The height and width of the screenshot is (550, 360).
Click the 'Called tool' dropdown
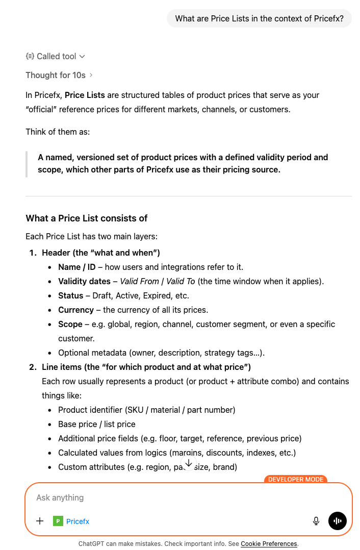click(56, 56)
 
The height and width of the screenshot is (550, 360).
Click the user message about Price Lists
click(259, 18)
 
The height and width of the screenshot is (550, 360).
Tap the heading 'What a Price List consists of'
click(87, 218)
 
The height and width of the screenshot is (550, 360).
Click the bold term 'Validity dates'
click(84, 281)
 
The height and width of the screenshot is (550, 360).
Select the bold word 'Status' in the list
click(70, 295)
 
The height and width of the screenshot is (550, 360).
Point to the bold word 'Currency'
click(76, 310)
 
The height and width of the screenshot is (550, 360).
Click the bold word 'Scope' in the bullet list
click(70, 324)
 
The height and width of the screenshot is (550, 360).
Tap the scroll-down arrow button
click(189, 463)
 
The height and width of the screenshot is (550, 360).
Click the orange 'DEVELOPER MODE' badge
click(295, 480)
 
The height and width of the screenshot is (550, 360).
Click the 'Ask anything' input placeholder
click(60, 497)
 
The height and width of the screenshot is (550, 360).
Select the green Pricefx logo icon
click(58, 521)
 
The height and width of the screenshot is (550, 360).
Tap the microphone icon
click(316, 521)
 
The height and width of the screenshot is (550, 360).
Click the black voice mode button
click(338, 521)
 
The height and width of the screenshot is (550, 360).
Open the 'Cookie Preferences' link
click(269, 544)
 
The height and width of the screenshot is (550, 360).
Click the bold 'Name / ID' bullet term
click(76, 267)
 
